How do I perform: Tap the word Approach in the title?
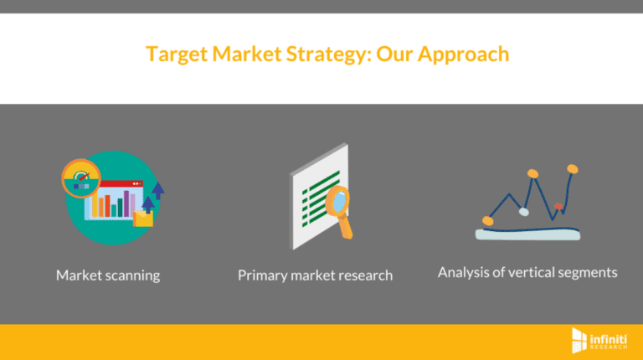pyautogui.click(x=464, y=54)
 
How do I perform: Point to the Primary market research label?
pyautogui.click(x=315, y=275)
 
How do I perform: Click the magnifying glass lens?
pyautogui.click(x=339, y=201)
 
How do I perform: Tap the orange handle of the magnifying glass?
pyautogui.click(x=347, y=227)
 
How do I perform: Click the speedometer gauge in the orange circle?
pyautogui.click(x=80, y=179)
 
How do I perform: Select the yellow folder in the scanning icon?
pyautogui.click(x=144, y=219)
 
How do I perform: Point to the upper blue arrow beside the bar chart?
pyautogui.click(x=157, y=190)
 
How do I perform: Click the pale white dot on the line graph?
pyautogui.click(x=524, y=212)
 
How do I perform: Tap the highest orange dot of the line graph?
pyautogui.click(x=573, y=169)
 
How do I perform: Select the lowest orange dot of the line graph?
pyautogui.click(x=488, y=220)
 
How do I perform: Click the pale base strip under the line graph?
pyautogui.click(x=527, y=234)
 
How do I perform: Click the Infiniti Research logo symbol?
pyautogui.click(x=578, y=340)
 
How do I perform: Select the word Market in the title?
pyautogui.click(x=247, y=54)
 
